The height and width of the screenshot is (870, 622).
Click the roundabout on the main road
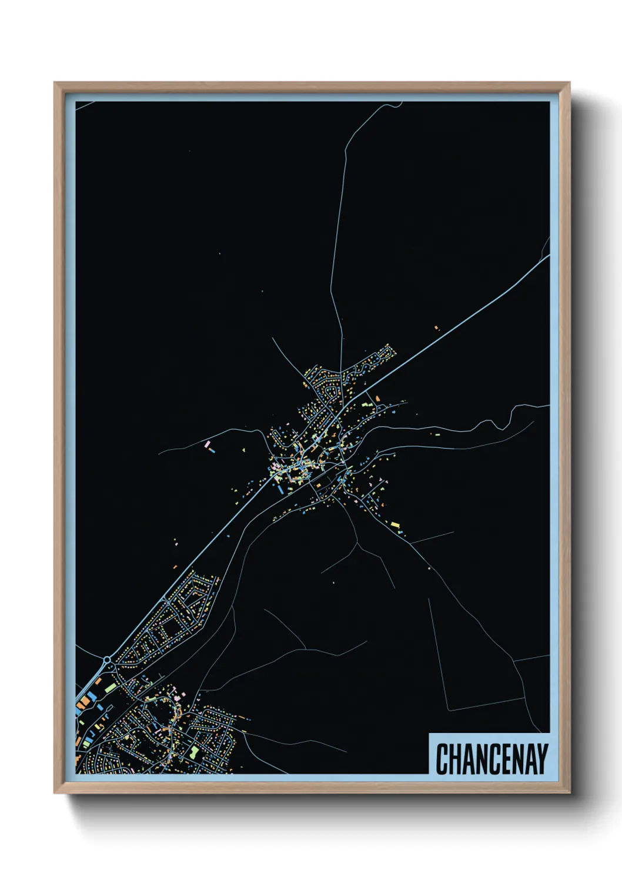(x=108, y=661)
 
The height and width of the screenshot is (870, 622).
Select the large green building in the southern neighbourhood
(x=193, y=751)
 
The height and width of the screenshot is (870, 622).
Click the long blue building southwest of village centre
(x=280, y=487)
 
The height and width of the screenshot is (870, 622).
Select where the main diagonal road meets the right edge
(x=549, y=256)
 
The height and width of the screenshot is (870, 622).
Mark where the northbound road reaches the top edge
(x=401, y=103)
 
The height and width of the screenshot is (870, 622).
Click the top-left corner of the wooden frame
(x=55, y=83)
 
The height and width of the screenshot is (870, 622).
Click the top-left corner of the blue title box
(x=430, y=734)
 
